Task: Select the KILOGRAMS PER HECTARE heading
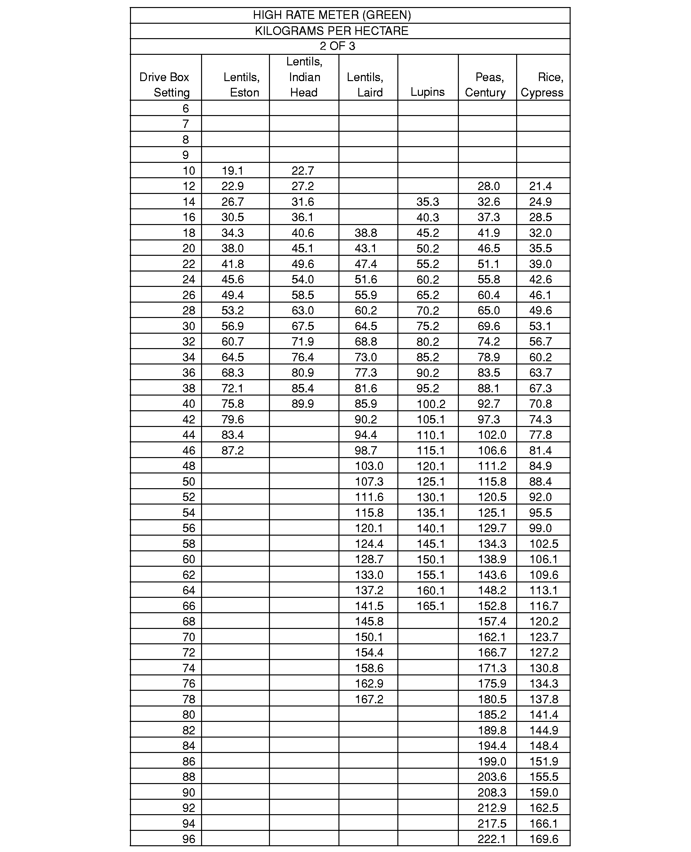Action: coord(331,31)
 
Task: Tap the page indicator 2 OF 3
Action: coord(337,46)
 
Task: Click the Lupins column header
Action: coord(427,92)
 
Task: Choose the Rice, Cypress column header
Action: coord(542,85)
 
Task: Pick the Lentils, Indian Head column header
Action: coord(304,77)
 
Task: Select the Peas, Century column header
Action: coord(486,85)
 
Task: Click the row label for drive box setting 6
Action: coord(185,108)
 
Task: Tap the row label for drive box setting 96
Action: coord(189,839)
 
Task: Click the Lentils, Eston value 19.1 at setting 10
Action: coord(232,171)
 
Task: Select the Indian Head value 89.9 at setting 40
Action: coord(303,404)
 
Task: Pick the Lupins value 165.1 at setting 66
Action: coord(431,606)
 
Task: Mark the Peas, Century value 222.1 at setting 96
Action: coord(492,839)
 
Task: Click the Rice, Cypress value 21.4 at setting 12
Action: coord(540,186)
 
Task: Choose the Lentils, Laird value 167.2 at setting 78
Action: coord(369,699)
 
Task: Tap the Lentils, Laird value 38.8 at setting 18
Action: coord(366,233)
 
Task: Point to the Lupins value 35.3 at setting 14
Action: coord(427,202)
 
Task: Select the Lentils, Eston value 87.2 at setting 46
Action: coord(232,450)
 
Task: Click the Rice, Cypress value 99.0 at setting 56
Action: coord(540,528)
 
